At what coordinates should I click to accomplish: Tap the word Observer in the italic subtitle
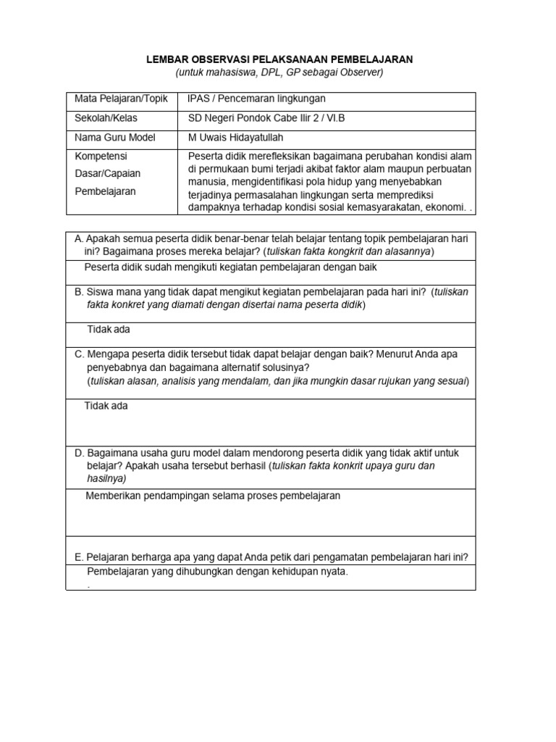[x=360, y=72]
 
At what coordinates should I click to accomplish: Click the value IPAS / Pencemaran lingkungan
[x=257, y=98]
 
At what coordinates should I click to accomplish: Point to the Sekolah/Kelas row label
[x=106, y=117]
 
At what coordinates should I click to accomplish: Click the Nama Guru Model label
[x=115, y=137]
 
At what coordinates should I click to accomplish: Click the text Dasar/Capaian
[x=109, y=174]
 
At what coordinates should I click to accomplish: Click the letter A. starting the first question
[x=80, y=238]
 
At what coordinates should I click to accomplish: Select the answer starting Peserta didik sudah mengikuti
[x=230, y=267]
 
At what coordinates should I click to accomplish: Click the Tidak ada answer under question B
[x=109, y=329]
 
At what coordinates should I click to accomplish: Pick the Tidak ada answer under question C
[x=106, y=406]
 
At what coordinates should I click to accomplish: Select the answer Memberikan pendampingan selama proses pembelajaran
[x=213, y=496]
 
